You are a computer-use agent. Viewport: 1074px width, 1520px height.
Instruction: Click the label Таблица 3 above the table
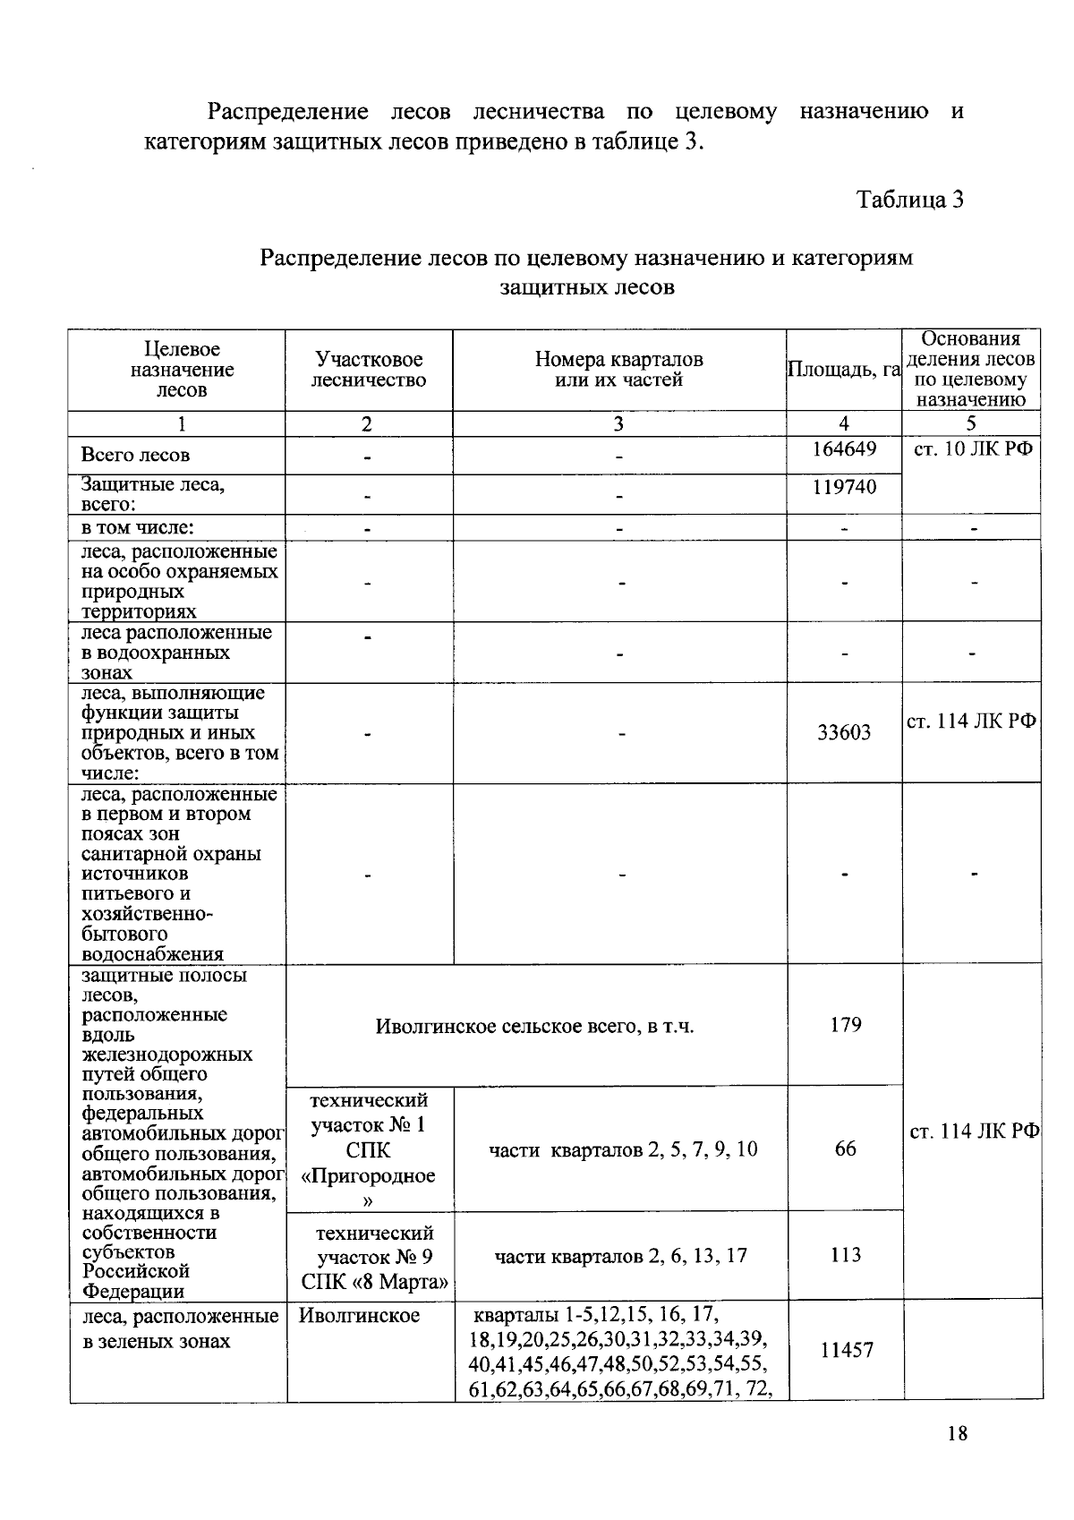(909, 199)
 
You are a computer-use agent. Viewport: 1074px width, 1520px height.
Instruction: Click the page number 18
(957, 1433)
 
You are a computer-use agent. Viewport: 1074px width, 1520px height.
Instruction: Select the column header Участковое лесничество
(369, 370)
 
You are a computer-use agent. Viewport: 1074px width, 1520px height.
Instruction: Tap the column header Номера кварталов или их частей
(618, 370)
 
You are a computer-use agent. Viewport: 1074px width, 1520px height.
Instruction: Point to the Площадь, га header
(843, 370)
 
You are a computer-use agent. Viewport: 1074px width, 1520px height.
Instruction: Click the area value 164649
(843, 448)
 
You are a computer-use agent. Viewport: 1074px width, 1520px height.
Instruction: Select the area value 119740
(843, 486)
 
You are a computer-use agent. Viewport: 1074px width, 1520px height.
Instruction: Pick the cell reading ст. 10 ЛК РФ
(972, 448)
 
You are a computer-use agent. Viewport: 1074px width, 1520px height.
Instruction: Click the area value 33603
(843, 733)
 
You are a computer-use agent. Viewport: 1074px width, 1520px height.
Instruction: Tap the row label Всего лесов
(135, 455)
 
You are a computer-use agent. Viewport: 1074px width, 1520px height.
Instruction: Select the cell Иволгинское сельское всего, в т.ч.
(534, 1026)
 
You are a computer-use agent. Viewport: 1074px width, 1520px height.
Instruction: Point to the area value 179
(845, 1024)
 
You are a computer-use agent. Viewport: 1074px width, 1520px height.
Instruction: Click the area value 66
(845, 1149)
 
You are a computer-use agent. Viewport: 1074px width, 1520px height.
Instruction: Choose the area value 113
(845, 1254)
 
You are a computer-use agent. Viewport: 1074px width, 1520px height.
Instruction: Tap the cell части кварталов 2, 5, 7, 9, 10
(623, 1149)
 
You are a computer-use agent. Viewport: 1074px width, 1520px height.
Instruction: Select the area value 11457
(846, 1350)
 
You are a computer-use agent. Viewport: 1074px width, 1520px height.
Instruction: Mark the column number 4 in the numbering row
(843, 424)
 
